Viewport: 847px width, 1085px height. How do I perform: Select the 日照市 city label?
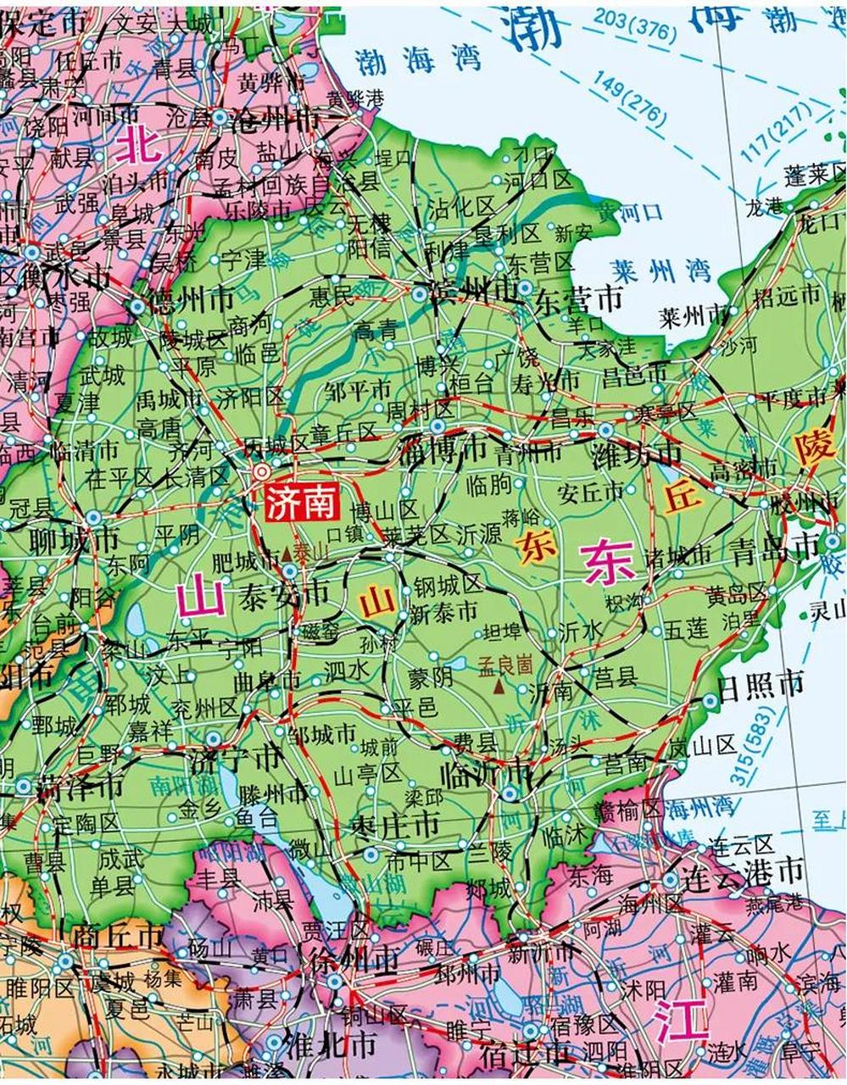point(761,683)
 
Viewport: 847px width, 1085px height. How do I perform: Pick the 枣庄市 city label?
point(397,825)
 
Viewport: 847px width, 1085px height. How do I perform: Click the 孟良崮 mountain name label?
point(504,665)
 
